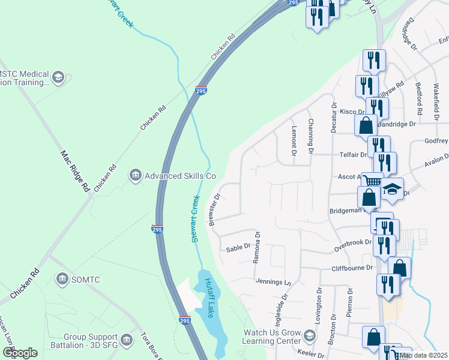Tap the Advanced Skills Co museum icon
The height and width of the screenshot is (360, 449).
135,175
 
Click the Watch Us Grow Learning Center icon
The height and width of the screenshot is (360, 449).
310,335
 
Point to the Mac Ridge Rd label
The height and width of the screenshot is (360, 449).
75,170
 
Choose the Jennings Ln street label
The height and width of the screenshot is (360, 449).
273,281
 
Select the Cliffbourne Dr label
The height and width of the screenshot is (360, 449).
352,268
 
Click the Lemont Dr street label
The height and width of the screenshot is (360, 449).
294,140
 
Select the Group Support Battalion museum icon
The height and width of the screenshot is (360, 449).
126,340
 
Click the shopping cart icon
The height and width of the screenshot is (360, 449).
372,180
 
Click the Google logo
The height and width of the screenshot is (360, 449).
20,352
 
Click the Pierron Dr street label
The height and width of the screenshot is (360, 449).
349,302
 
